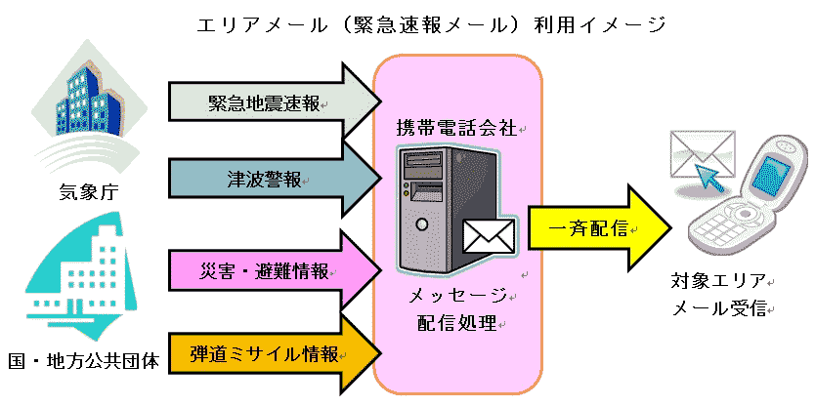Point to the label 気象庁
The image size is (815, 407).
pos(87,192)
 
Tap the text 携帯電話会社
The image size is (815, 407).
pos(458,128)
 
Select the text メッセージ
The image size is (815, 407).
pos(458,296)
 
